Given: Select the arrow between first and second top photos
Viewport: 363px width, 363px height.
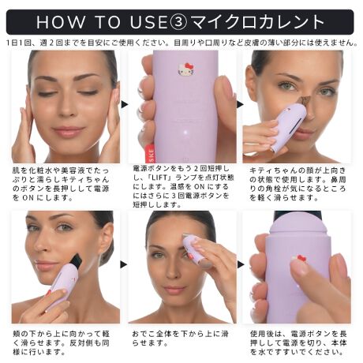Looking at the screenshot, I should click(124, 104).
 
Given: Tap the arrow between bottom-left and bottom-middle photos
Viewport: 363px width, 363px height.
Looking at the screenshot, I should click(124, 264).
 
